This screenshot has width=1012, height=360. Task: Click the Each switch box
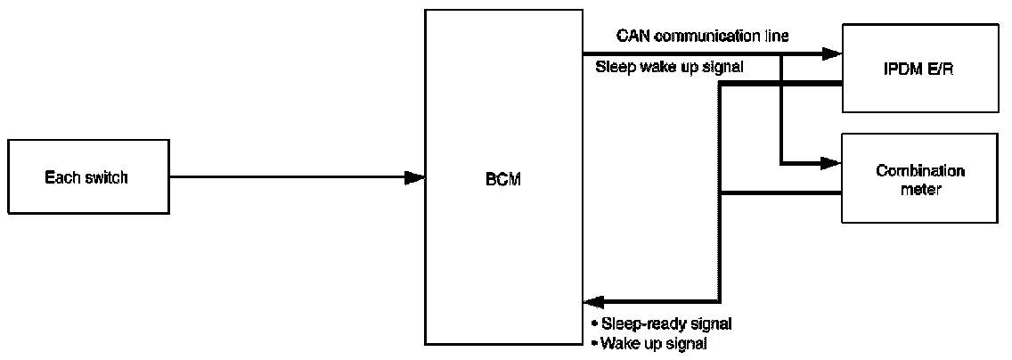[86, 177]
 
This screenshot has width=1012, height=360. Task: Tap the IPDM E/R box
[920, 69]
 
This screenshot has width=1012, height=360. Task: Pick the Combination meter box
[920, 178]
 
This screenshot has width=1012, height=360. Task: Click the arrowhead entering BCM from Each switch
[414, 177]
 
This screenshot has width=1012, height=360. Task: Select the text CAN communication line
[703, 36]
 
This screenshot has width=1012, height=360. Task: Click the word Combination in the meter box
[920, 170]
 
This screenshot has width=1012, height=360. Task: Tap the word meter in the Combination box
[920, 189]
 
